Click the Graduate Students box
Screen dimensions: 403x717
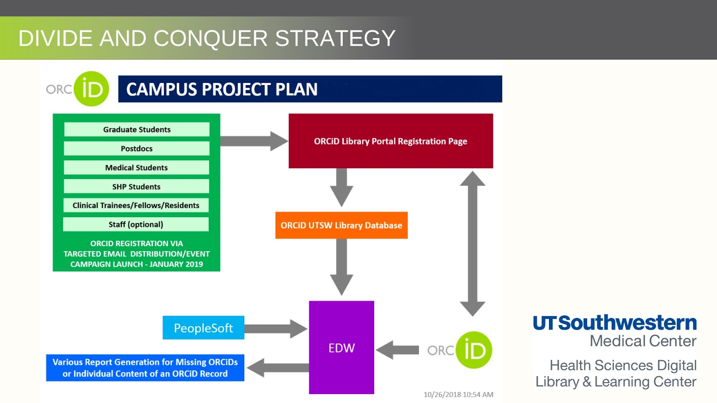pos(137,129)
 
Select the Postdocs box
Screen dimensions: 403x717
pos(137,149)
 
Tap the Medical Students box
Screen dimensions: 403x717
pos(137,167)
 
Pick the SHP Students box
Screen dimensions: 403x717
pos(137,186)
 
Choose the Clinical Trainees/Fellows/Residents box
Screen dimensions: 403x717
pos(136,206)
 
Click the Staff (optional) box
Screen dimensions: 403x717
pos(136,224)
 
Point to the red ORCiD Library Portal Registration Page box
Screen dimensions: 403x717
pos(390,141)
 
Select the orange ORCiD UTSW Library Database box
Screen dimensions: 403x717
pos(341,225)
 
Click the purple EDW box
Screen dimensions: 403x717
pos(341,347)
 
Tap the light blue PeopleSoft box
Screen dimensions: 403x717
pos(203,328)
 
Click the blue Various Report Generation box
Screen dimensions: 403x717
pos(145,368)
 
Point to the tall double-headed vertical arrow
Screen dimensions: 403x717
pos(472,244)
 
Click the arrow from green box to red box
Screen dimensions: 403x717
pos(254,141)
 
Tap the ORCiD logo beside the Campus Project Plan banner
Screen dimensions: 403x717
pos(78,89)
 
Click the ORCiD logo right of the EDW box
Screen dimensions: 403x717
pos(460,350)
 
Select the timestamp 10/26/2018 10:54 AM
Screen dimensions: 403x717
pos(458,394)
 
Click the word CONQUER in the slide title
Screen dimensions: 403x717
pos(210,38)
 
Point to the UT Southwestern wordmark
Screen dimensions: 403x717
pos(614,323)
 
